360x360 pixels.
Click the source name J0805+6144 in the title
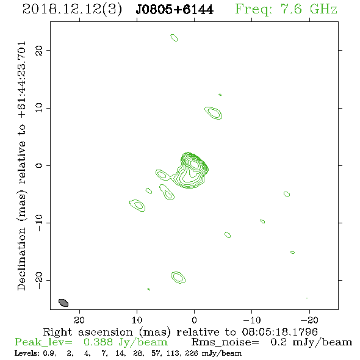175,10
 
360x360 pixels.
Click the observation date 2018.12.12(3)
72,10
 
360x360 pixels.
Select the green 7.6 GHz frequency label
286,9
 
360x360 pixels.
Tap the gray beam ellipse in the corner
63,303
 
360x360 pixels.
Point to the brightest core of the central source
194,164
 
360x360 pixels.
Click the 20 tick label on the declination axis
39,51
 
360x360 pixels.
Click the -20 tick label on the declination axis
39,281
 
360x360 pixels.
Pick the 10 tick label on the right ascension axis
137,320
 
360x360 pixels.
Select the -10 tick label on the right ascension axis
252,320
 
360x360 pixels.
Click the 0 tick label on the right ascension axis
194,320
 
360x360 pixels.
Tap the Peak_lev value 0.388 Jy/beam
125,342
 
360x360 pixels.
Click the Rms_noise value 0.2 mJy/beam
311,342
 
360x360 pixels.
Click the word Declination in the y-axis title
21,259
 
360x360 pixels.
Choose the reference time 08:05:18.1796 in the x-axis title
280,332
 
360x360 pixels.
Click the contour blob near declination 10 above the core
214,113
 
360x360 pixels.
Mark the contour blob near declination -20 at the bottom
178,278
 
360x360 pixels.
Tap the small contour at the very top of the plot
174,37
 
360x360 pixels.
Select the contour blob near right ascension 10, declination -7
137,206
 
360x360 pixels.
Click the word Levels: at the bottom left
25,353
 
